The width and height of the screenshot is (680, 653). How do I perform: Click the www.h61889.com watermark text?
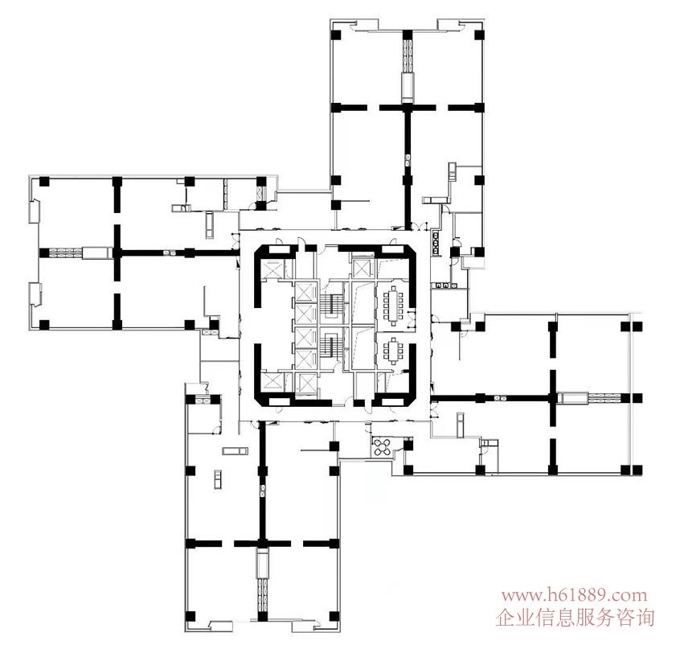(574, 596)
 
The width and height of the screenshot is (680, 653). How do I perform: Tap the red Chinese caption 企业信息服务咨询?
(576, 618)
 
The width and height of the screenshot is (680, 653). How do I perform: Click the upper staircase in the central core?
(328, 304)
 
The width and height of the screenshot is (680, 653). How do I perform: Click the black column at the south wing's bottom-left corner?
(190, 617)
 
